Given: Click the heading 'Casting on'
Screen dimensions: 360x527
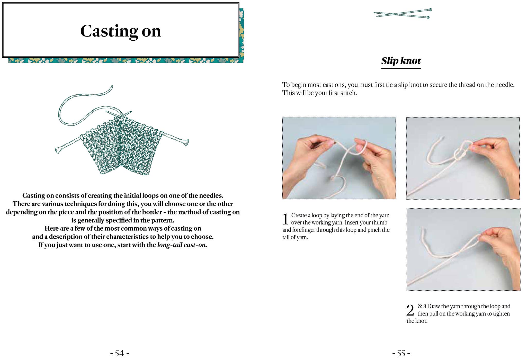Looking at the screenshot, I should click(120, 31).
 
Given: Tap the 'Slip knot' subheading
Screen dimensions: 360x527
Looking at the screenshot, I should click(401, 61).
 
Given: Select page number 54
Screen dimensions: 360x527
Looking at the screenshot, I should click(120, 353).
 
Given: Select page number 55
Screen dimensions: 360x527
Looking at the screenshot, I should click(401, 353).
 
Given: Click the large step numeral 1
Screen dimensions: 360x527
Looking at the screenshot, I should click(285, 219).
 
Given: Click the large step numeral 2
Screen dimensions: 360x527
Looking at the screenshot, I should click(410, 310).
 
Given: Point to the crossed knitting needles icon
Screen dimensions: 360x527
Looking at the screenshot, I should click(403, 14).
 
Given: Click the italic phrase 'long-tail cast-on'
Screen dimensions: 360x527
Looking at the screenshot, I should click(181, 245).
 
